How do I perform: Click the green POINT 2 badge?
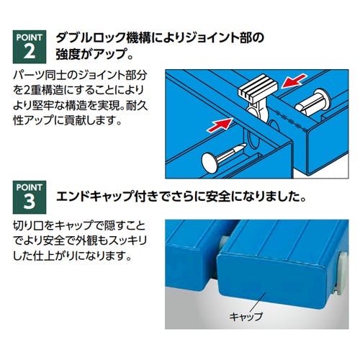point(30,47)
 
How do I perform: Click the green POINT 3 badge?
point(30,197)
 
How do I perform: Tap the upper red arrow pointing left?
point(294,81)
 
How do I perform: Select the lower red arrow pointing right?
point(220,125)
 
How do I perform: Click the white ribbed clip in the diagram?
point(258,89)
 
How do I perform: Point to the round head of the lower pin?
point(210,163)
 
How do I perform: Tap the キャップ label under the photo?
point(246,316)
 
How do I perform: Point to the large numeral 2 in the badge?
point(30,51)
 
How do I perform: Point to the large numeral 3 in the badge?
point(30,202)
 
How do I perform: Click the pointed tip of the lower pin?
point(245,146)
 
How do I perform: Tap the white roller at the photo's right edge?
point(341,274)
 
